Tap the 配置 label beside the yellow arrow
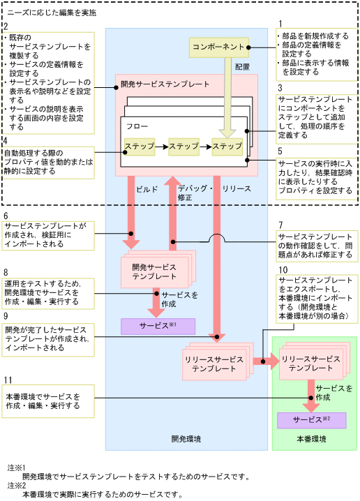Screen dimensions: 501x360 click(242, 67)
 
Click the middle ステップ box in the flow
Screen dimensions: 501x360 click(183, 147)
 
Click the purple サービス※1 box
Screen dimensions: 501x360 click(158, 325)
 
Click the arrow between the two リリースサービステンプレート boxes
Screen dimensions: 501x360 click(264, 361)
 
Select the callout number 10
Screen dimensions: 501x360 click(282, 269)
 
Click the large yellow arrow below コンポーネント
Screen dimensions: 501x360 click(228, 98)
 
